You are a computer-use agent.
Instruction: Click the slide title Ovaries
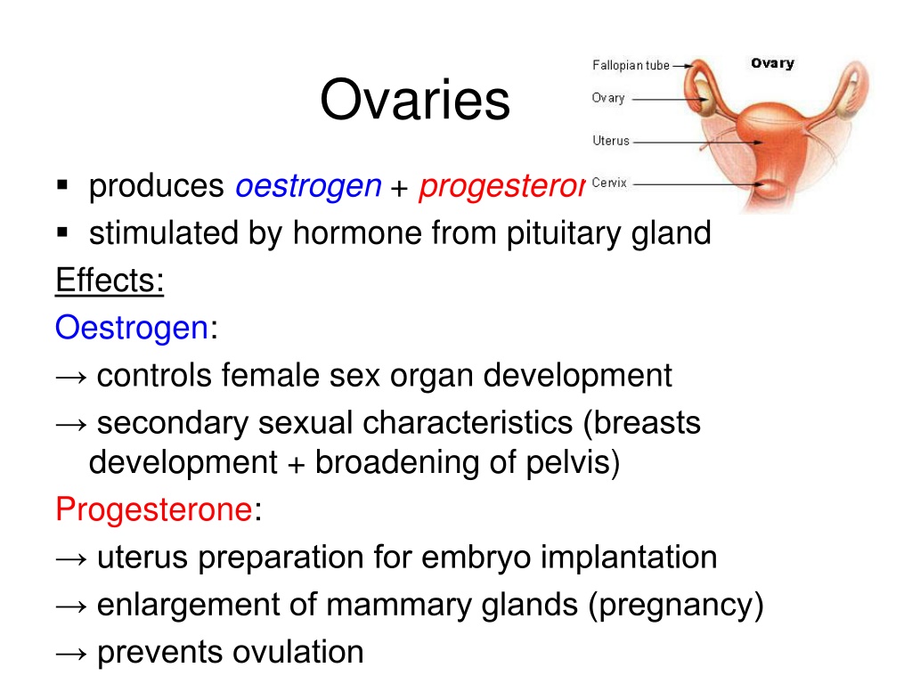[415, 100]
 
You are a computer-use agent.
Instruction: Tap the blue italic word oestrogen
[308, 187]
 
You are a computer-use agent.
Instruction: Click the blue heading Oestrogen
[132, 328]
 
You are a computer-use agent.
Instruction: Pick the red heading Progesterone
[153, 509]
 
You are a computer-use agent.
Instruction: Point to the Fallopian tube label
[631, 65]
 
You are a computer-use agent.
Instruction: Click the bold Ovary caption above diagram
[772, 63]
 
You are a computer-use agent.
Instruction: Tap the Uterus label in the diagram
[611, 141]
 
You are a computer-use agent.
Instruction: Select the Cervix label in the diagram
[609, 183]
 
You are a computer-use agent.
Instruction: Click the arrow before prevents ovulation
[71, 654]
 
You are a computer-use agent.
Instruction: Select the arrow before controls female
[71, 378]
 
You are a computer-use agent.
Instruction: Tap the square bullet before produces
[62, 185]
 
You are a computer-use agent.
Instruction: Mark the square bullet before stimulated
[62, 232]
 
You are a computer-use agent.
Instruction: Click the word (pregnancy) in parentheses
[675, 606]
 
